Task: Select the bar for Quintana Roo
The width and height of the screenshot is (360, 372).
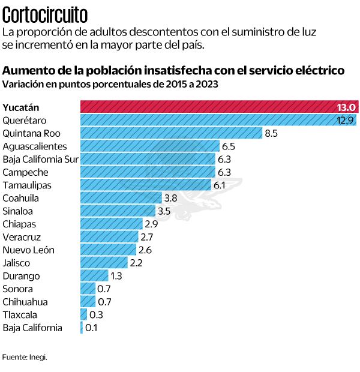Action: click(171, 133)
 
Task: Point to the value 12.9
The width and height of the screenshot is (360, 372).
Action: click(345, 120)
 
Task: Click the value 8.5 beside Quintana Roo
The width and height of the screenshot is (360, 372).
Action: click(271, 133)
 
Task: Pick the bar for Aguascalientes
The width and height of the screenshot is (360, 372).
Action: click(149, 146)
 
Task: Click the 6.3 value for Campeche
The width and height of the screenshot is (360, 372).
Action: click(224, 172)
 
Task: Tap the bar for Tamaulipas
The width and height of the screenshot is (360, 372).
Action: click(146, 185)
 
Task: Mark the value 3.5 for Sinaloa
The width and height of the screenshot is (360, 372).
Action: click(164, 211)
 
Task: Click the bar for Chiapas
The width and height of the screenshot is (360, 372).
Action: click(112, 224)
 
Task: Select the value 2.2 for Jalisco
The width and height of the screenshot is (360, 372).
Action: click(136, 263)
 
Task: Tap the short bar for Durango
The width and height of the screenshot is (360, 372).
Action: click(94, 275)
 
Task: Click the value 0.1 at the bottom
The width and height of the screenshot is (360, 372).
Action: click(91, 328)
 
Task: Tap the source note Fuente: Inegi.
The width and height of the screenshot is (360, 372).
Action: click(25, 356)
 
